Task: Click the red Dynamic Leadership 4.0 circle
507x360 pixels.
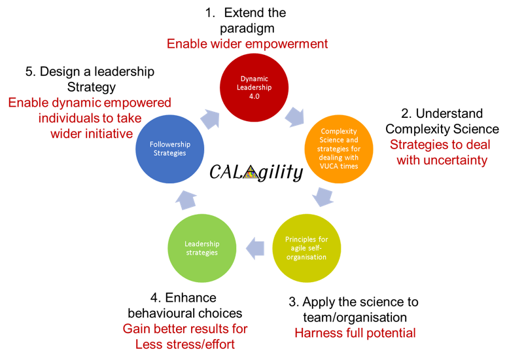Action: (x=253, y=86)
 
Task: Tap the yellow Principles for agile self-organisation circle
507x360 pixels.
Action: (x=306, y=247)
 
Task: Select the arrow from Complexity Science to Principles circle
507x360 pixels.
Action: (x=324, y=196)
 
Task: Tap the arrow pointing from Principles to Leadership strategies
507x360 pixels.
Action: (x=255, y=247)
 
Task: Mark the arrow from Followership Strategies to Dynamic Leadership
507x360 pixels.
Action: (x=211, y=118)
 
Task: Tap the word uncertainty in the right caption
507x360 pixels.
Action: (x=455, y=160)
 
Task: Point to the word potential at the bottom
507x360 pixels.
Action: (x=391, y=333)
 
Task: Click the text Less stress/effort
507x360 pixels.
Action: (x=185, y=344)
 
